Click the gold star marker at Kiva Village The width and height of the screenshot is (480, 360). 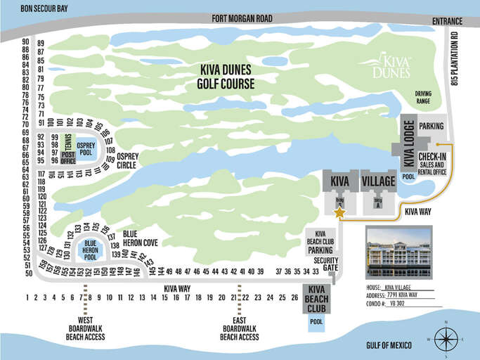[339, 212]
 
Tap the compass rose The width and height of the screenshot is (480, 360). [446, 338]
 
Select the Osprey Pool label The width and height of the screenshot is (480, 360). [86, 148]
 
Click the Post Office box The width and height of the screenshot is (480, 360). [68, 157]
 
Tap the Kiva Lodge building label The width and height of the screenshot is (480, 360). [408, 144]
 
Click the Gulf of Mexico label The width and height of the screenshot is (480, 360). [392, 345]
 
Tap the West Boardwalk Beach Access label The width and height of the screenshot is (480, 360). [86, 327]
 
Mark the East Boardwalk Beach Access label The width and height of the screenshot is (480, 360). [240, 327]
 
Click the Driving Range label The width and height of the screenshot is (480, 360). [423, 96]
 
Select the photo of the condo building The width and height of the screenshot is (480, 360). [398, 253]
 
